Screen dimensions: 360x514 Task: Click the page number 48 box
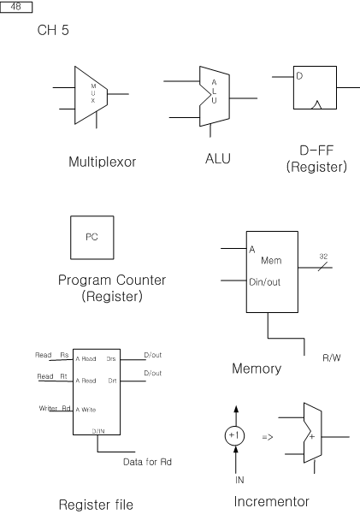(16, 7)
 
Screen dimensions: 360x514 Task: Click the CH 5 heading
(53, 30)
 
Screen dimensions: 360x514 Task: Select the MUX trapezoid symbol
(91, 95)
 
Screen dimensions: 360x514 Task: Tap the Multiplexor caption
(103, 162)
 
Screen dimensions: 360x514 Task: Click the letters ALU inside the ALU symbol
(214, 92)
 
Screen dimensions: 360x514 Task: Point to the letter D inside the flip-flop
(299, 76)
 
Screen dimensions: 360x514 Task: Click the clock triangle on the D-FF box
(316, 105)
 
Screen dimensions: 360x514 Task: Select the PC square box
(92, 238)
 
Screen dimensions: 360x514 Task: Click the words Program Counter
(112, 281)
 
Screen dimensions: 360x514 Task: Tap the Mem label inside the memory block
(271, 261)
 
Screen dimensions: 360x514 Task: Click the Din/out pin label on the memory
(264, 282)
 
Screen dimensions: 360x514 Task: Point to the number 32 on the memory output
(323, 257)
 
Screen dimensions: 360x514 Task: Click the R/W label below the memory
(332, 357)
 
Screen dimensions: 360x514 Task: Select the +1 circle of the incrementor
(234, 435)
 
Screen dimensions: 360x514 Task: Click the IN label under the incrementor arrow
(239, 480)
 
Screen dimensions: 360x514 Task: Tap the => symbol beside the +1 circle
(268, 437)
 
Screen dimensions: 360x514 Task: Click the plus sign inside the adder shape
(312, 436)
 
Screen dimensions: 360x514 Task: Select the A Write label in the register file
(86, 410)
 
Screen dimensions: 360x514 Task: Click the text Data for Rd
(147, 462)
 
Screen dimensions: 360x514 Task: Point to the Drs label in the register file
(111, 359)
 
